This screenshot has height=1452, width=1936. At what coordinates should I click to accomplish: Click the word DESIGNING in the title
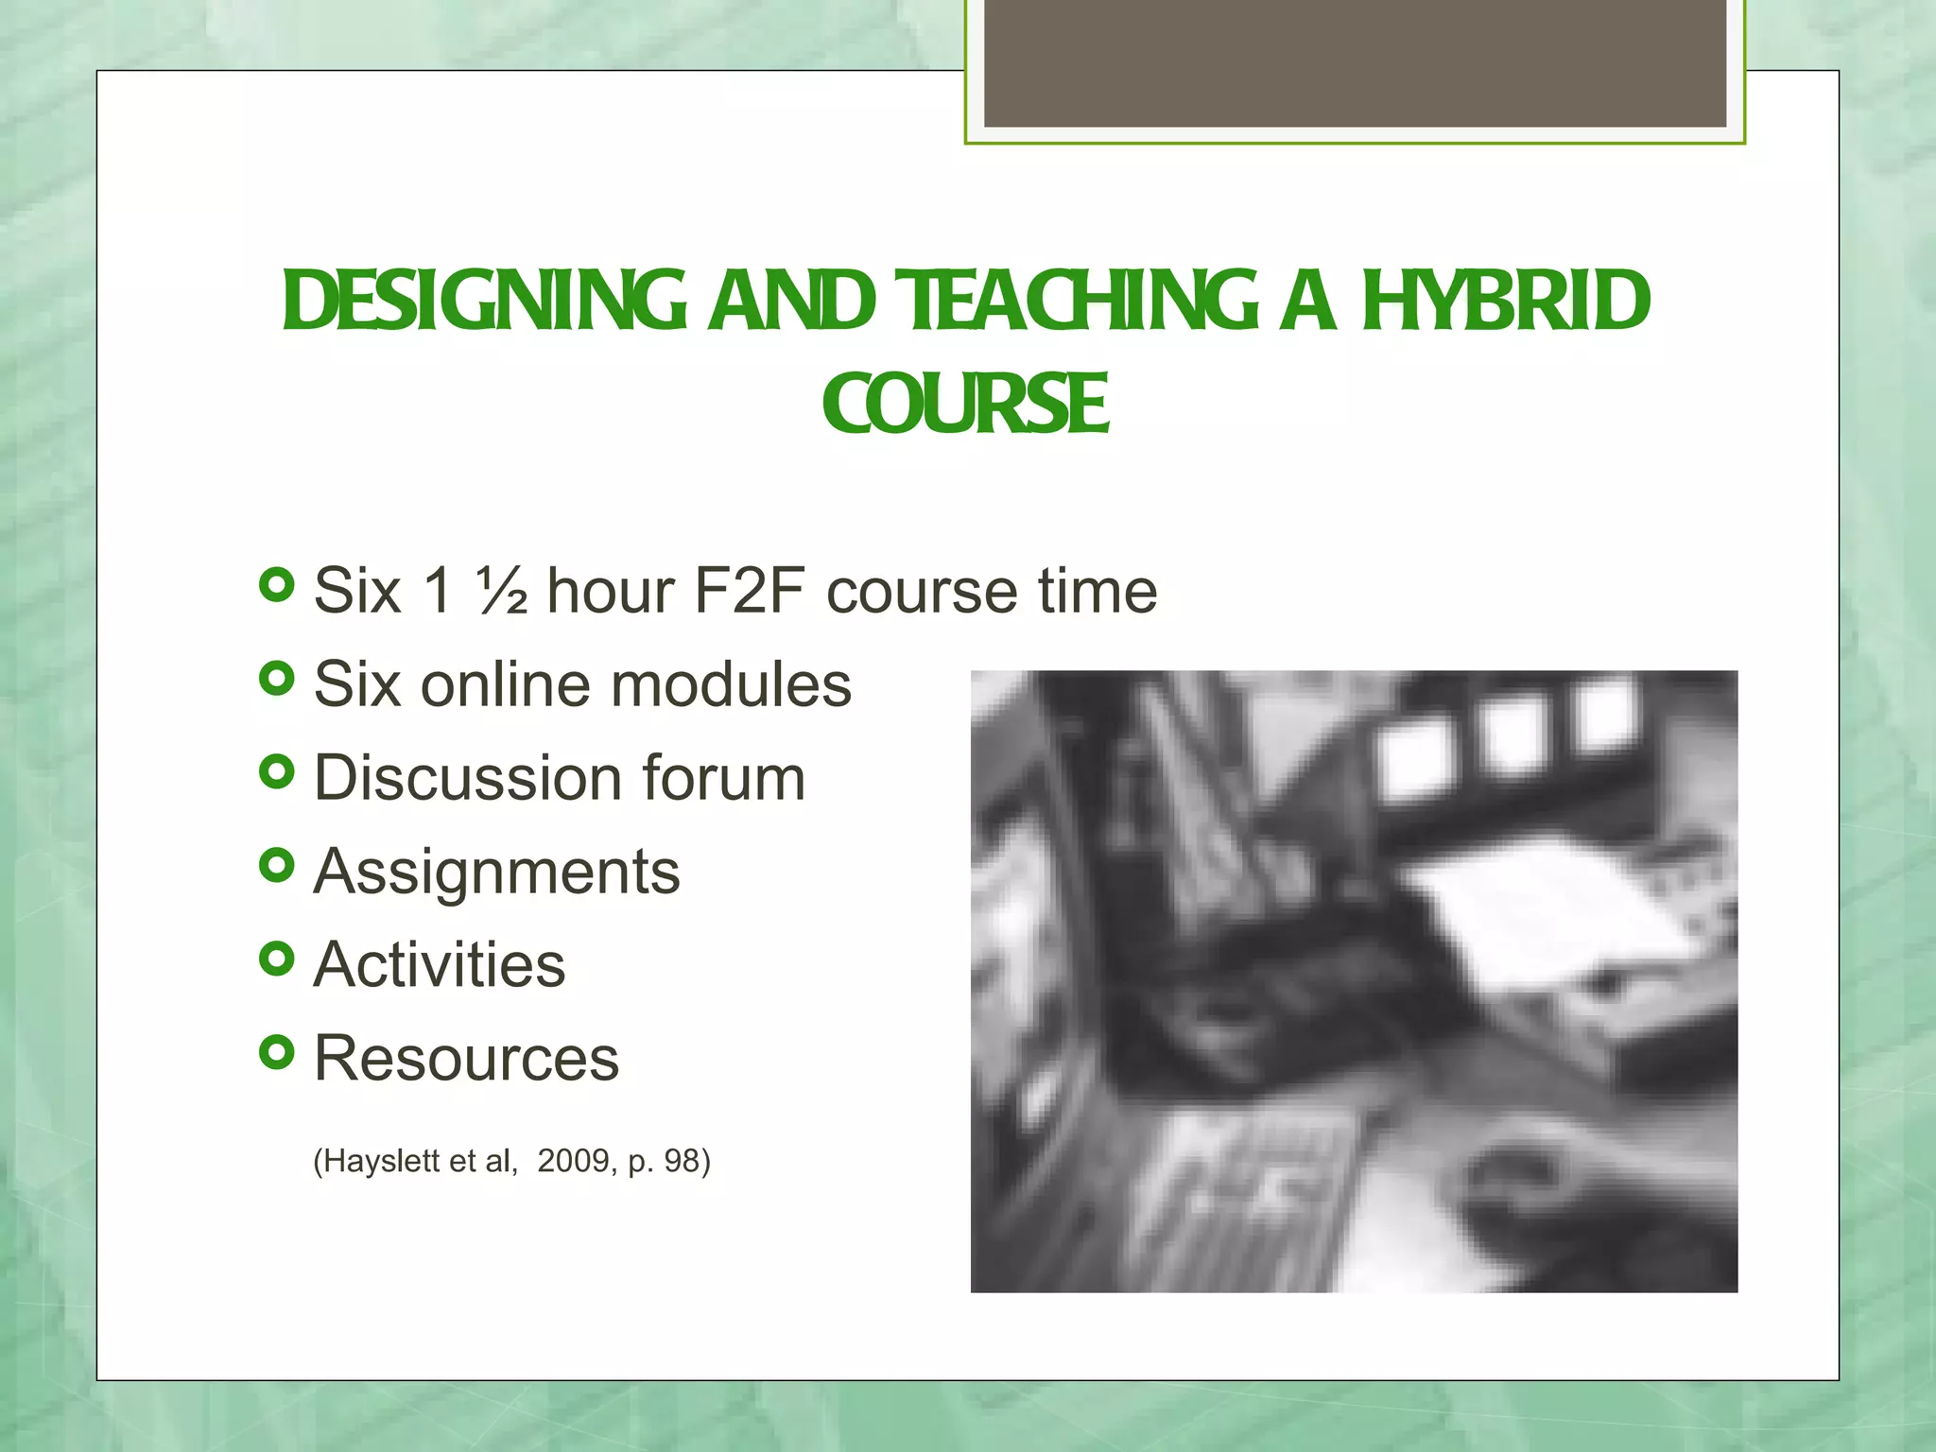pos(484,302)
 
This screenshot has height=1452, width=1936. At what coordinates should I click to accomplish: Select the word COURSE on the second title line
pos(965,405)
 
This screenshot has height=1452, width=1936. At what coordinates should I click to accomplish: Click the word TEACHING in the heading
pos(1077,302)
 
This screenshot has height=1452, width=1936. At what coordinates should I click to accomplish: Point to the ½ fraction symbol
pos(501,591)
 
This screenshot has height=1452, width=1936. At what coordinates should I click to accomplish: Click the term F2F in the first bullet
pos(749,591)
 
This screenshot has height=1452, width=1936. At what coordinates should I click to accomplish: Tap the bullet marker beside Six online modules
pos(276,678)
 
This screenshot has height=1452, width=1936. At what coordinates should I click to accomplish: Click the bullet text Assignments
pos(496,871)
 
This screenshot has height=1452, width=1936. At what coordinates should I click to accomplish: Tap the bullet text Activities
pos(440,964)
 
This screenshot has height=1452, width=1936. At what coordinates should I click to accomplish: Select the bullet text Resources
pos(466,1058)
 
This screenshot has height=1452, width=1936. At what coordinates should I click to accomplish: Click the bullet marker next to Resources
pos(276,1051)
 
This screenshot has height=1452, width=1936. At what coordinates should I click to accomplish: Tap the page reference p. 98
pos(666,1161)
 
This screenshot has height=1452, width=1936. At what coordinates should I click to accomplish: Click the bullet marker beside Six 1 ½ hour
pos(276,585)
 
